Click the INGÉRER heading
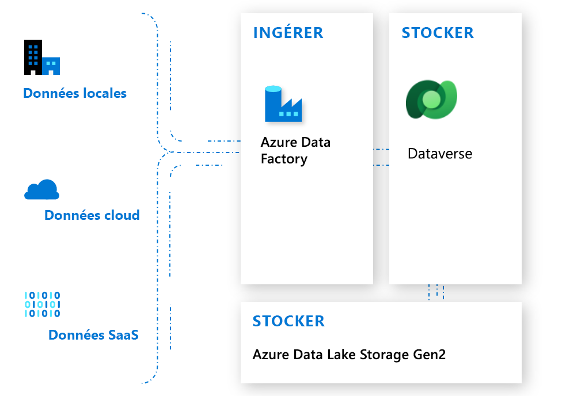click(288, 33)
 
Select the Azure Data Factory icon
click(283, 104)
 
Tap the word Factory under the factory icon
click(284, 159)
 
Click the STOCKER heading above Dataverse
click(438, 33)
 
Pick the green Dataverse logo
click(431, 100)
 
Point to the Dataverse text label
click(440, 154)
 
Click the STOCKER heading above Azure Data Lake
click(288, 321)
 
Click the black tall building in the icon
click(32, 57)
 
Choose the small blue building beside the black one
click(51, 66)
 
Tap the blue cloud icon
click(41, 189)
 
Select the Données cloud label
click(92, 215)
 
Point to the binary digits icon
click(42, 304)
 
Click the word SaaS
click(123, 334)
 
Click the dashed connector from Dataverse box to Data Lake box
click(436, 292)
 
